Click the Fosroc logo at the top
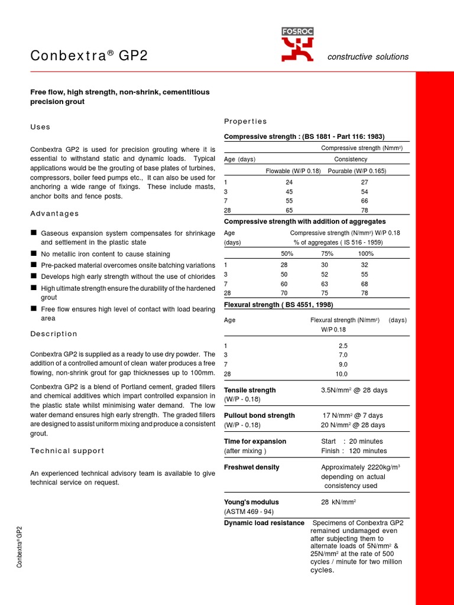coord(297,44)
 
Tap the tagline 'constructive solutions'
coord(368,57)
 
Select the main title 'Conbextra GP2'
coord(89,56)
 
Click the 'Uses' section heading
coord(40,127)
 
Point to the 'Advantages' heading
coord(54,213)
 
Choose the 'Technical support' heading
coord(67,451)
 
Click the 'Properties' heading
coord(245,121)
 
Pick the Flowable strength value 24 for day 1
coord(289,183)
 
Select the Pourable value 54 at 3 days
coord(364,192)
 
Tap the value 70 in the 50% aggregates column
coord(284,293)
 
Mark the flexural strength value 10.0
coord(342,374)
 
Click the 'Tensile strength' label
coord(249,390)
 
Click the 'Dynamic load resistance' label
coord(264,523)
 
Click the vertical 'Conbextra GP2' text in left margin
coord(20,546)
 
